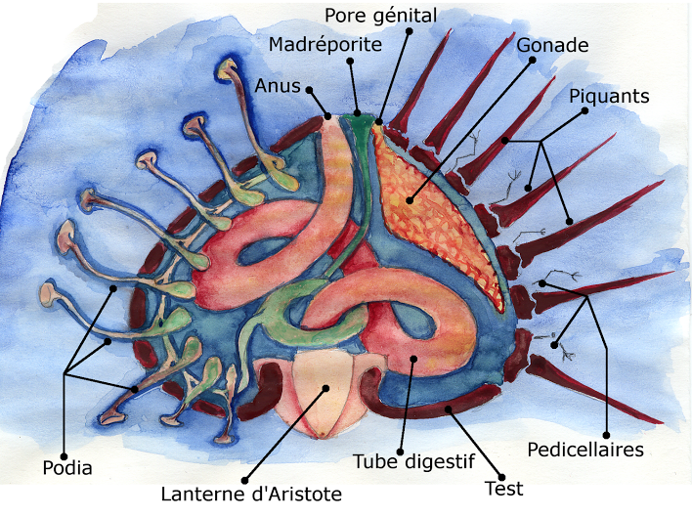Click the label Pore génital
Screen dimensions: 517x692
click(379, 17)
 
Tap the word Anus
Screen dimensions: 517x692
click(279, 86)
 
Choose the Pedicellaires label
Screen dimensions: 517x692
click(584, 450)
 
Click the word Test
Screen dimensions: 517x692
click(504, 488)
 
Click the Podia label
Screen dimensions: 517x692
click(67, 468)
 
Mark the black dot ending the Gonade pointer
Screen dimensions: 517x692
click(411, 202)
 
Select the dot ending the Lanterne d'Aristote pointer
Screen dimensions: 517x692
click(325, 389)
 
